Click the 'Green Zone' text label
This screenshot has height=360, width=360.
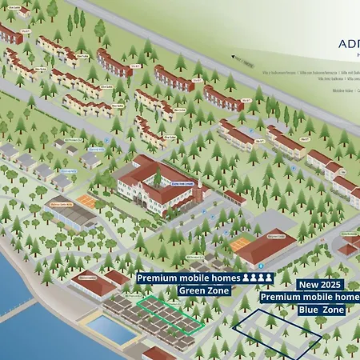(205, 290)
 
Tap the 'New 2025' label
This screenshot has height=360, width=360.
(319, 285)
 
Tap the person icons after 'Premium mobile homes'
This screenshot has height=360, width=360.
(258, 278)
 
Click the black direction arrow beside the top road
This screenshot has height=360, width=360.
(238, 58)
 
